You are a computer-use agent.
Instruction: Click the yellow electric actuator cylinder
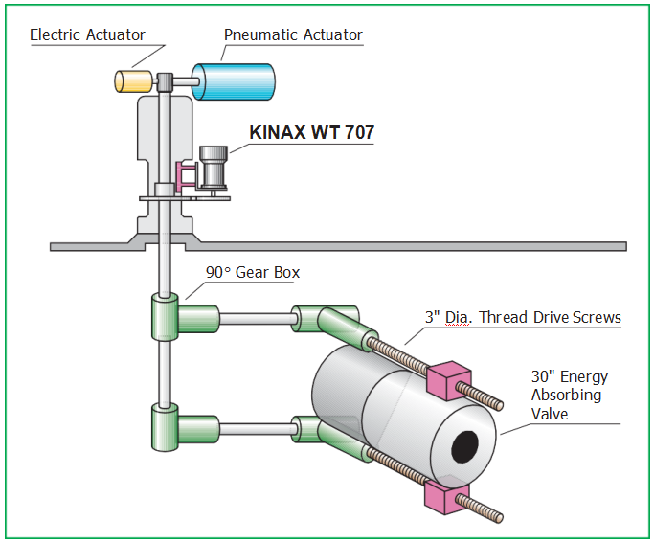[133, 81]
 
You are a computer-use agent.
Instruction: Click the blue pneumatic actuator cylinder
[234, 81]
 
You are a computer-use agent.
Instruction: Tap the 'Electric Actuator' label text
[87, 34]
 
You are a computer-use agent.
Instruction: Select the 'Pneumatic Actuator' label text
[293, 34]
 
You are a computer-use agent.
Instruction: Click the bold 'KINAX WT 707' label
[311, 132]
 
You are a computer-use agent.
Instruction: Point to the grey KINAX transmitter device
[214, 169]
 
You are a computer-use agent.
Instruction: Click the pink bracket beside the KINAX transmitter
[186, 175]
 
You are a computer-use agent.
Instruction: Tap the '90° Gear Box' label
[253, 272]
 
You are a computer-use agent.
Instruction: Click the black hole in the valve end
[464, 447]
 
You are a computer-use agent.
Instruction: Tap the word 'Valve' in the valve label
[550, 414]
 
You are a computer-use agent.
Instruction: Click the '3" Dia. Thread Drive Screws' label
[523, 317]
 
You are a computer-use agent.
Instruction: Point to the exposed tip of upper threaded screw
[499, 404]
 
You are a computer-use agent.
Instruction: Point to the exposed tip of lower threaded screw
[499, 518]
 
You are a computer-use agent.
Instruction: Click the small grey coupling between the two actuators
[165, 81]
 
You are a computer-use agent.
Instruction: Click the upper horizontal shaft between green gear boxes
[256, 319]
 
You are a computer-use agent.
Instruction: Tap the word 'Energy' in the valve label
[584, 377]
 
